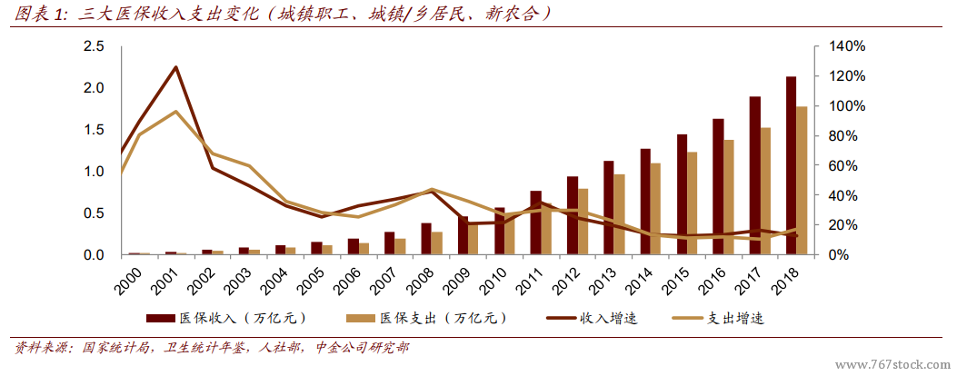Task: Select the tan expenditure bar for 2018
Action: click(x=802, y=181)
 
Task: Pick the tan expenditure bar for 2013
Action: click(x=619, y=214)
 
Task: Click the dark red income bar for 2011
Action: click(x=535, y=223)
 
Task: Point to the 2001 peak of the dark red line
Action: click(x=175, y=67)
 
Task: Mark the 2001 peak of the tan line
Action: click(x=175, y=112)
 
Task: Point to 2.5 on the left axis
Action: click(x=93, y=46)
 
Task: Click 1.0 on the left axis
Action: click(x=93, y=172)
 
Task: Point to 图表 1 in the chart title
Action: click(x=42, y=15)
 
